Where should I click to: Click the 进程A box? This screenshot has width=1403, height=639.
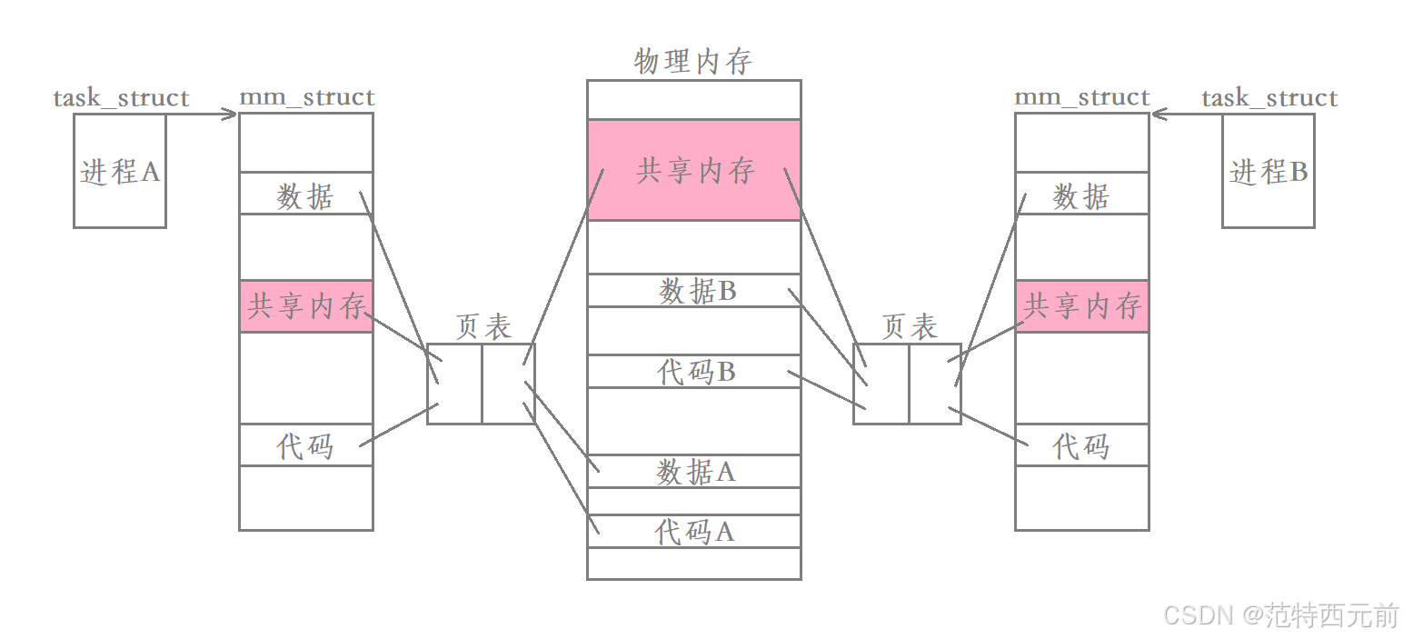pos(119,171)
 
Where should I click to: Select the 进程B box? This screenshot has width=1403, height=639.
pos(1268,171)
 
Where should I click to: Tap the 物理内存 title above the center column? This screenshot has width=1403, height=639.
pos(693,62)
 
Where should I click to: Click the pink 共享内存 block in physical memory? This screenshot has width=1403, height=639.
pos(694,170)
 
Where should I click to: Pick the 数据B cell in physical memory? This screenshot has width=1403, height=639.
pos(694,291)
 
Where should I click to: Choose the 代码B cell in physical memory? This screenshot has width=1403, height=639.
pos(694,372)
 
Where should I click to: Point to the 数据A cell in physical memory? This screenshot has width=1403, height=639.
pos(694,471)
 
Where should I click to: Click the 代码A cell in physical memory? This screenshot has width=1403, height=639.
pos(694,532)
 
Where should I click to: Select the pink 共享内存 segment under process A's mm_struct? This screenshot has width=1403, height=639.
pos(306,306)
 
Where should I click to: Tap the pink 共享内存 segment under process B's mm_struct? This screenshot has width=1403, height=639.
pos(1081,306)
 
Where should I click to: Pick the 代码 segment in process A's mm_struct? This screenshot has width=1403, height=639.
pos(306,445)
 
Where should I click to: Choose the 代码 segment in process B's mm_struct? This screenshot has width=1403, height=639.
pos(1081,445)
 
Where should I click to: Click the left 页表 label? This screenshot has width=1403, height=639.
pos(483,327)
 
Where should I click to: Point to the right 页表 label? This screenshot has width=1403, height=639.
pos(909,327)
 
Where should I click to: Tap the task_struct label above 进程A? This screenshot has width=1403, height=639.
pos(121,98)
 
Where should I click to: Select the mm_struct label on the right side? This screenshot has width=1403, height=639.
pos(1081,97)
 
